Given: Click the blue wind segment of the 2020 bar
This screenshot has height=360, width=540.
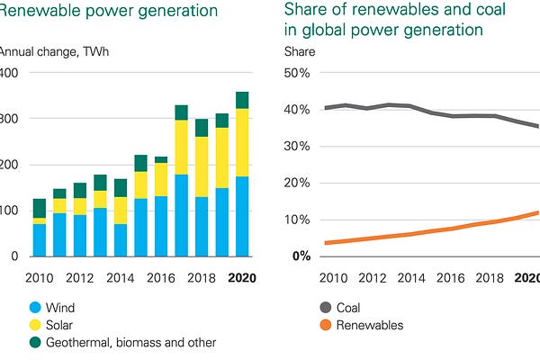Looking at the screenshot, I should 241,216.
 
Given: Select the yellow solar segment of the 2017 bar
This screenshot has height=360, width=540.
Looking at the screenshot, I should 181,147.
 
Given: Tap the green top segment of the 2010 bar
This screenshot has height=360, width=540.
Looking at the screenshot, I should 39,208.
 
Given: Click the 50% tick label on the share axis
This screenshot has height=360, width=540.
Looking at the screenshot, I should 297,72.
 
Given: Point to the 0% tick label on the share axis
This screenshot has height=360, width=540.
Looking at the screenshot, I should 301,256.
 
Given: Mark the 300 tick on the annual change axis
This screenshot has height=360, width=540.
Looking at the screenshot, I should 8,119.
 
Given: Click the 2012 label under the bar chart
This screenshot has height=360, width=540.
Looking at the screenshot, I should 79,277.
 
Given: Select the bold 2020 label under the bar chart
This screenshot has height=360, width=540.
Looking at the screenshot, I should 241,277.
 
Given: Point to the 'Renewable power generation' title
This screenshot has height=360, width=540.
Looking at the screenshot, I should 108,11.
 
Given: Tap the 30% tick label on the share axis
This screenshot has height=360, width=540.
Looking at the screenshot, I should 297,146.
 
